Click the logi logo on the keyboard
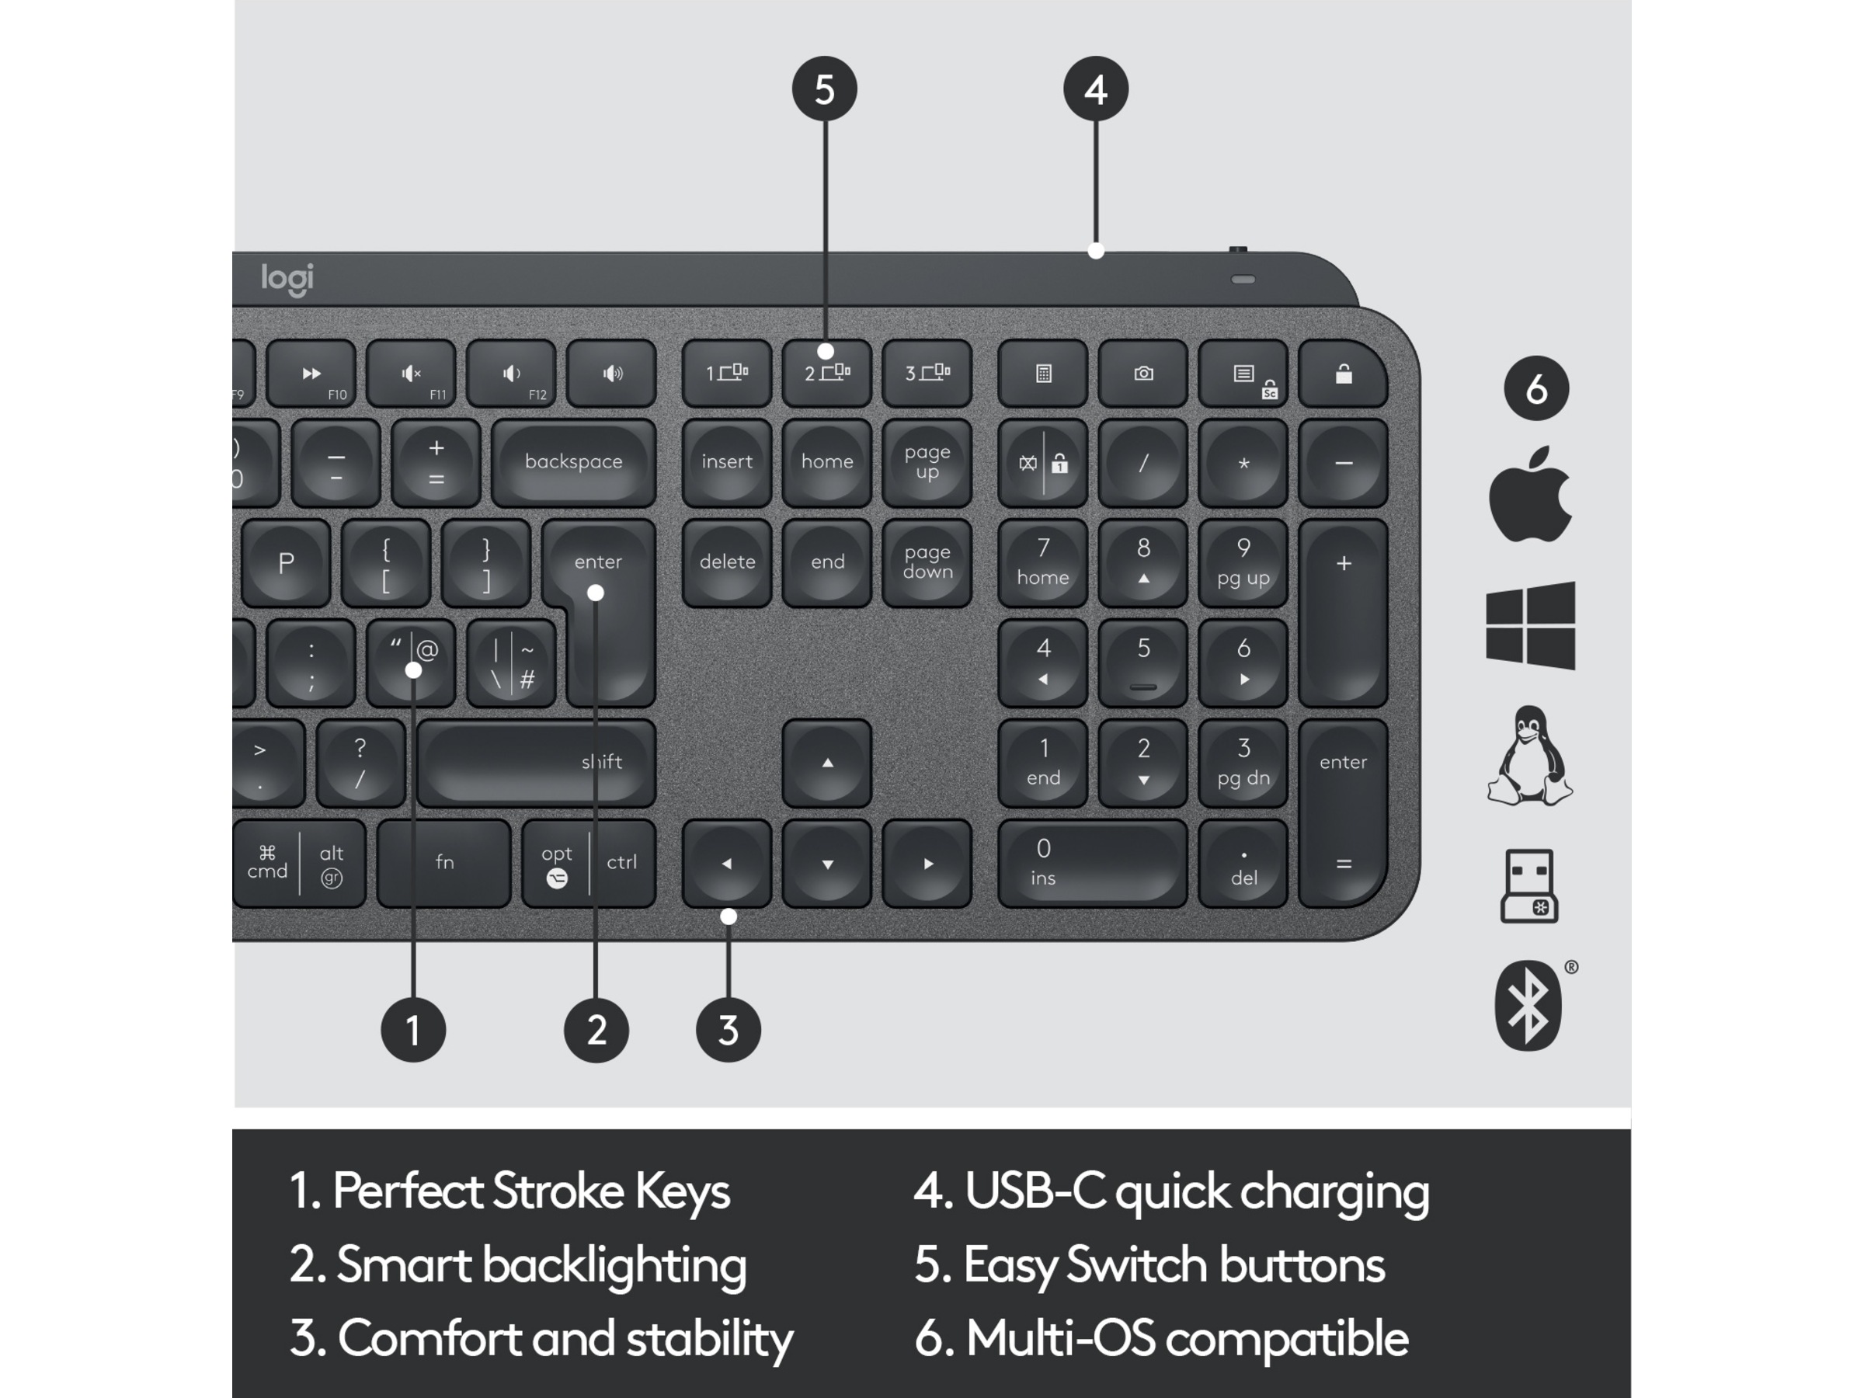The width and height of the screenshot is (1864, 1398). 287,279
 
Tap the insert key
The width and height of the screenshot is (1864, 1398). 726,463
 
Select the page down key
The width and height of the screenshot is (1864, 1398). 927,562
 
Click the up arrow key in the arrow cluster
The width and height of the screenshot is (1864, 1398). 826,763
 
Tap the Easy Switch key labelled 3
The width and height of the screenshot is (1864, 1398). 927,374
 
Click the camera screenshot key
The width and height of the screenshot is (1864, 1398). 1143,374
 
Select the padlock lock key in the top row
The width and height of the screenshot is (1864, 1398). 1343,374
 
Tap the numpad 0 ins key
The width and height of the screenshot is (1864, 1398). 1092,863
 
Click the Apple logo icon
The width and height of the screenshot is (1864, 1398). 1529,495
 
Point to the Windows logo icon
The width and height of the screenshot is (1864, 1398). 1530,625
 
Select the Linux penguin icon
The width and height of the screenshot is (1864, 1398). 1529,756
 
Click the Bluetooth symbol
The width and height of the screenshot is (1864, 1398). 1528,1005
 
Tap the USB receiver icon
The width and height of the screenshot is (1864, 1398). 1528,886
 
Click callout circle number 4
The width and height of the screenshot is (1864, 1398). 1095,89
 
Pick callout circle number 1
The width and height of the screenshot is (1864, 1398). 413,1030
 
